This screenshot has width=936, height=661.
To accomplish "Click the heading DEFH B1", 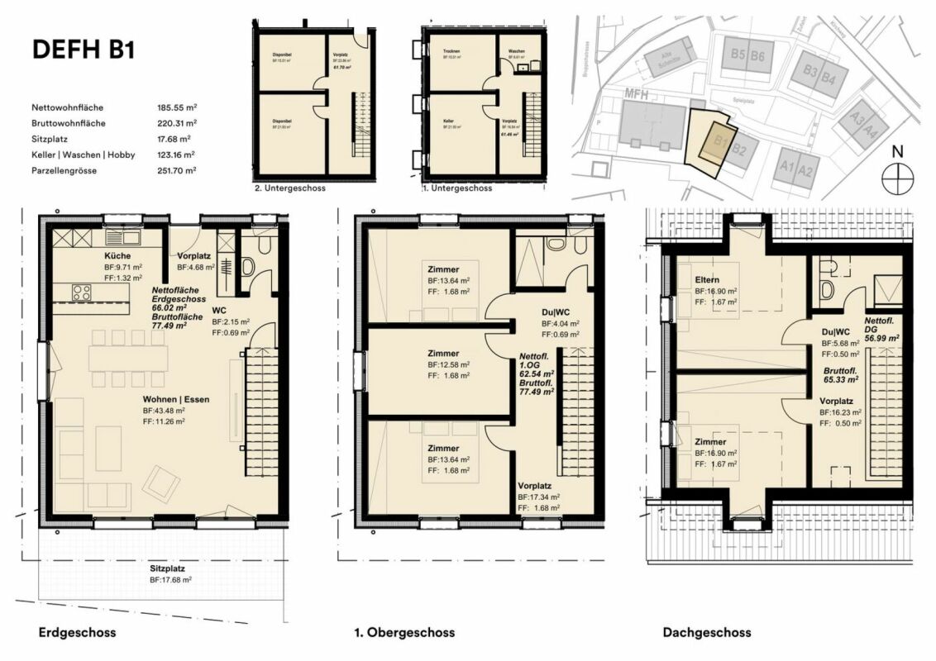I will (x=83, y=50).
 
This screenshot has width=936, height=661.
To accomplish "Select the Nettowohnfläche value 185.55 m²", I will (x=176, y=107).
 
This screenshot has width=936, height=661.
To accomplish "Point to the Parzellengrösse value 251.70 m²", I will (x=176, y=170).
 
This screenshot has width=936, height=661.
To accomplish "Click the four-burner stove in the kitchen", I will (x=83, y=291).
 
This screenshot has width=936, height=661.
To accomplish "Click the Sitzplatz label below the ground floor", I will (x=167, y=569).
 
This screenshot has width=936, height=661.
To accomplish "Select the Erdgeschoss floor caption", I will (x=77, y=633).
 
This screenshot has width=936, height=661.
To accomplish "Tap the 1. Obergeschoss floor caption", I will (x=404, y=633).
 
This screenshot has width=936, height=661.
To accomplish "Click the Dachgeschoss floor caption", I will (x=707, y=633).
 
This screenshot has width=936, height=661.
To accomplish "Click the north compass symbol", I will (x=895, y=178).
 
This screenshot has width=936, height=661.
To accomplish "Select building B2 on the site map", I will (x=739, y=150).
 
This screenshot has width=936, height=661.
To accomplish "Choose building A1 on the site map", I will (x=786, y=170).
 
